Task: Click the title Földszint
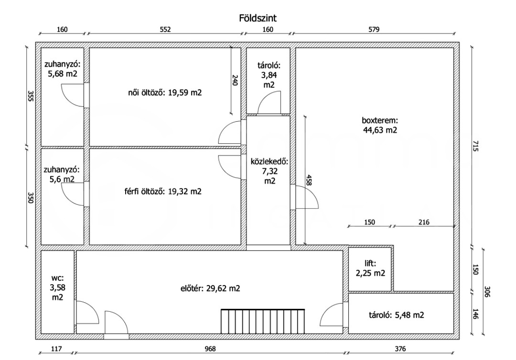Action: (258, 18)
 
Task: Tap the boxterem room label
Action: (380, 125)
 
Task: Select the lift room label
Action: (370, 268)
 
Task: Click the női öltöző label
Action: (165, 93)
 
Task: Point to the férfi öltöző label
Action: (163, 191)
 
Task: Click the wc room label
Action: (57, 287)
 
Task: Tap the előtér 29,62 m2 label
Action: (210, 288)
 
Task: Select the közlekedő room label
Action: (269, 171)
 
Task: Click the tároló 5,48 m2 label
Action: (397, 315)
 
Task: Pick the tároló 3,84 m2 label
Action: (269, 75)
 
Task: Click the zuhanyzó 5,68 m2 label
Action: (62, 69)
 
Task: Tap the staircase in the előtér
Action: (263, 321)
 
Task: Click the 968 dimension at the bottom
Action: (210, 349)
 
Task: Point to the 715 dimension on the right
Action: (475, 146)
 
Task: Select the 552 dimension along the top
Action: (165, 29)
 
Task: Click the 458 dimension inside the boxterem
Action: (308, 180)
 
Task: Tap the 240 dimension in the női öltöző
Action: (235, 80)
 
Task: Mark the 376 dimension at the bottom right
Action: (400, 349)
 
